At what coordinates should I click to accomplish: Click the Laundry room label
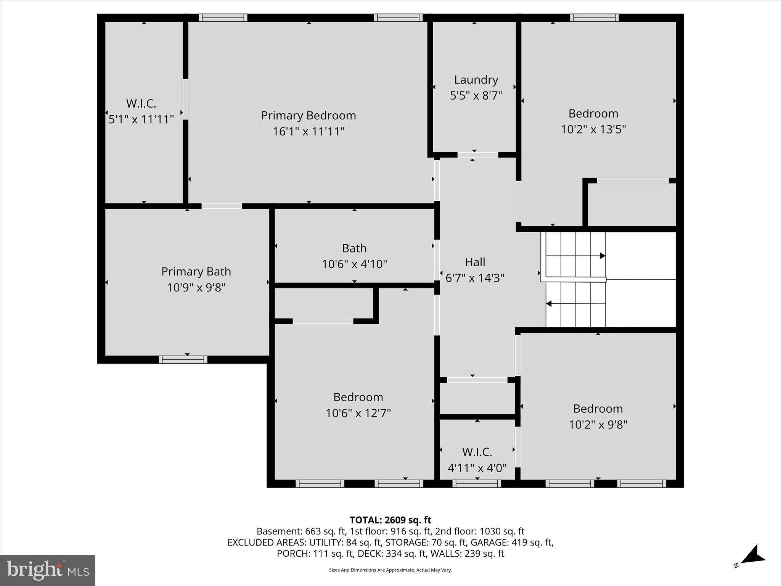476,80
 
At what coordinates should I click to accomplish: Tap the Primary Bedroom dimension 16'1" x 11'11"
309,132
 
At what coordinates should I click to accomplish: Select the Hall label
475,262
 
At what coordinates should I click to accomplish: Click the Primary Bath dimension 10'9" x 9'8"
196,287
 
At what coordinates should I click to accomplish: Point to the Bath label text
354,248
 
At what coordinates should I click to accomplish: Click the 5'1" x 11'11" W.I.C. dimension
141,119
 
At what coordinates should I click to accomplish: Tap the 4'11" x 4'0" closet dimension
477,468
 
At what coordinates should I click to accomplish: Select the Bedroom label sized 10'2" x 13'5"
593,114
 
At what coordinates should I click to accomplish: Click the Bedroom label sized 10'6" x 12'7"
358,397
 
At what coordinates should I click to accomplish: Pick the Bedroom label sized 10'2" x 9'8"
598,409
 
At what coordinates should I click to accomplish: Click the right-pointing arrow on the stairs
602,256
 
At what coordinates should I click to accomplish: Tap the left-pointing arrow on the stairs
549,304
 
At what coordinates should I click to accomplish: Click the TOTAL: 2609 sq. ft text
390,520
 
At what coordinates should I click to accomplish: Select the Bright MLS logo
48,570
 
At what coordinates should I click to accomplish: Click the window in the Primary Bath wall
183,359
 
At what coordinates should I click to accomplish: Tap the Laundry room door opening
477,155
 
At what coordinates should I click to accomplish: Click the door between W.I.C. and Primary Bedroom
185,99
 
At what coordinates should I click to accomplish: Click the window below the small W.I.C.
477,484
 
